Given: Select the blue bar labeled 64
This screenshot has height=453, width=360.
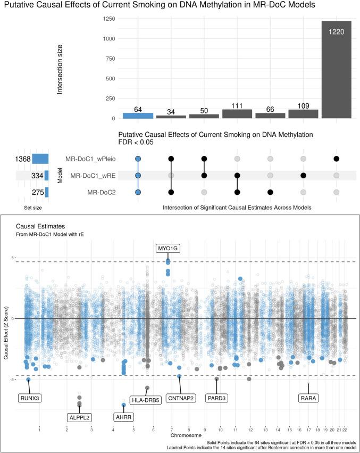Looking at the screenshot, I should tap(138, 115).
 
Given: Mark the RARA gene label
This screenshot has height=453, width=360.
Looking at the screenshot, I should tap(308, 398).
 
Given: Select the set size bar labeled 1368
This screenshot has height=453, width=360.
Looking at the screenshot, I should tap(40, 159).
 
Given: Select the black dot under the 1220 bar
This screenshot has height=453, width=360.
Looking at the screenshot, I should tap(336, 159).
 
